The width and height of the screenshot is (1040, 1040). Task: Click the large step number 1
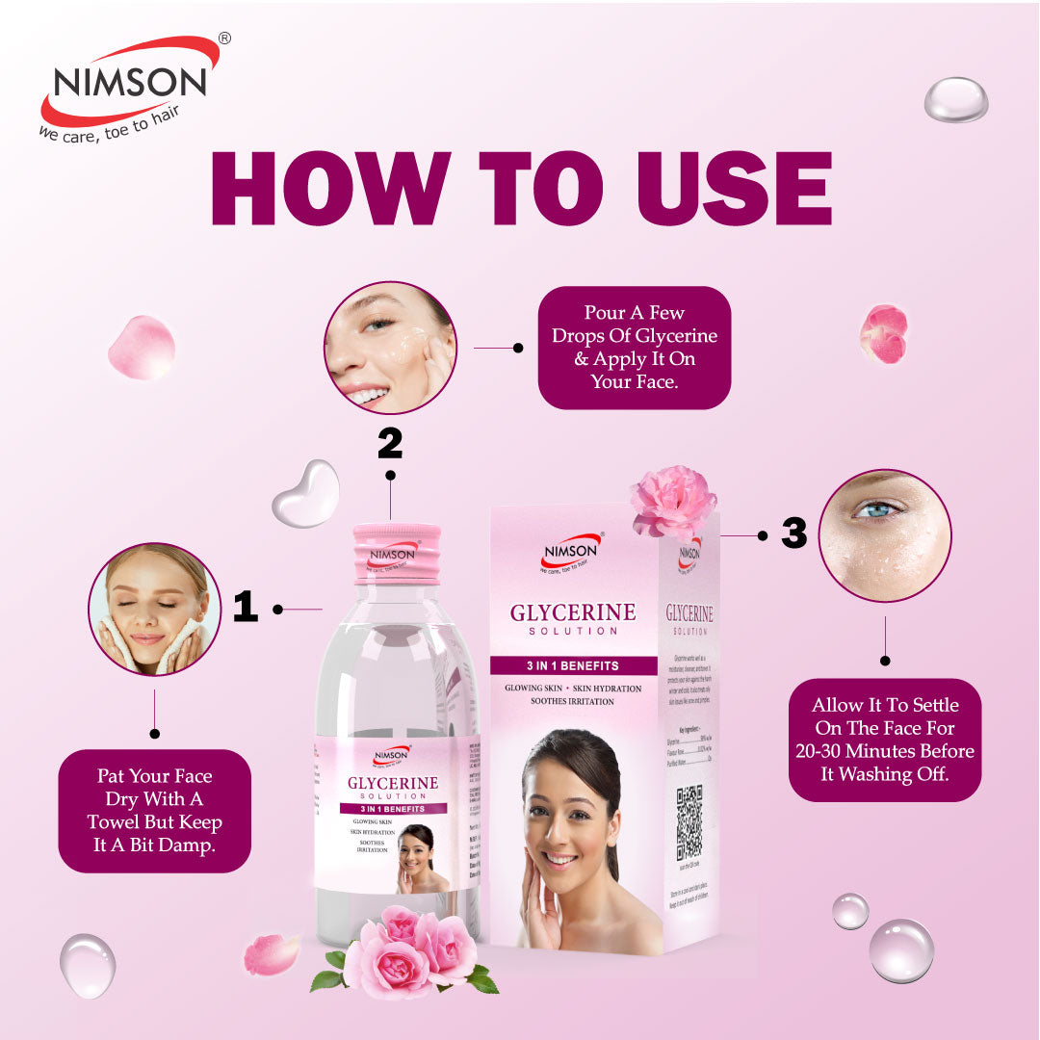click(246, 607)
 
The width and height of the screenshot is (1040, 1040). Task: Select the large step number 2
click(389, 443)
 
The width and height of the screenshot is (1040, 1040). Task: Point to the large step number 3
click(793, 533)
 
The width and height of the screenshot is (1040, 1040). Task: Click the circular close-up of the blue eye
click(884, 535)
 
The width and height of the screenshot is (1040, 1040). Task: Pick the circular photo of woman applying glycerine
click(390, 348)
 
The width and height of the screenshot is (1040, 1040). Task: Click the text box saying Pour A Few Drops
click(634, 348)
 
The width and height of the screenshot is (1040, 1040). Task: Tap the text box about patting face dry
click(154, 811)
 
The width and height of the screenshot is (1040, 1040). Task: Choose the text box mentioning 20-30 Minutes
click(885, 740)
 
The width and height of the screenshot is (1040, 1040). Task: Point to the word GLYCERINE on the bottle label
click(393, 783)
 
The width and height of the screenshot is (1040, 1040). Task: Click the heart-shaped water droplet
click(306, 493)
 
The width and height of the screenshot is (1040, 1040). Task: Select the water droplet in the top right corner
click(955, 100)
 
